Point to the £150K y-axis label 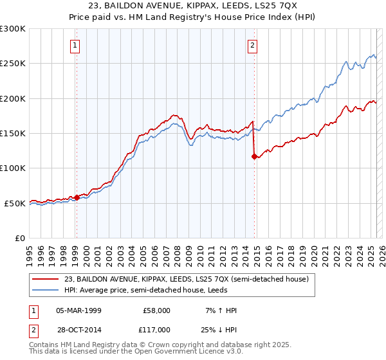coord(14,133)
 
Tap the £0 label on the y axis coord(20,238)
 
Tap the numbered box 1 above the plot coord(76,45)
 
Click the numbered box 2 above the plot coord(253,45)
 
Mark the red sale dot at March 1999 coord(77,197)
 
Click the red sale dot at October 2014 coord(254,156)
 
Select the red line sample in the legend coord(45,279)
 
